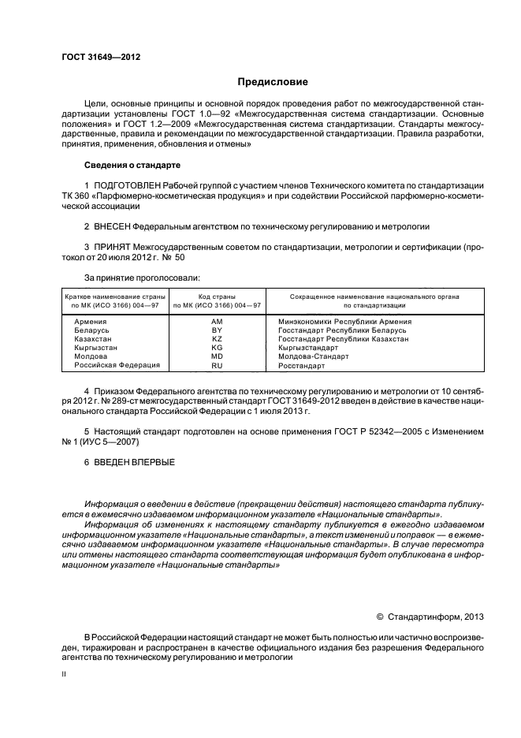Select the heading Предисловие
[x=273, y=82]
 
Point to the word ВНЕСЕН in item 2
[x=113, y=226]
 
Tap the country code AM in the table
[x=218, y=322]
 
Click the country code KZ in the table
[x=218, y=339]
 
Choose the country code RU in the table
[x=218, y=366]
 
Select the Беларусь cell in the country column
[x=91, y=330]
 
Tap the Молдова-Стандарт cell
[x=313, y=356]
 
